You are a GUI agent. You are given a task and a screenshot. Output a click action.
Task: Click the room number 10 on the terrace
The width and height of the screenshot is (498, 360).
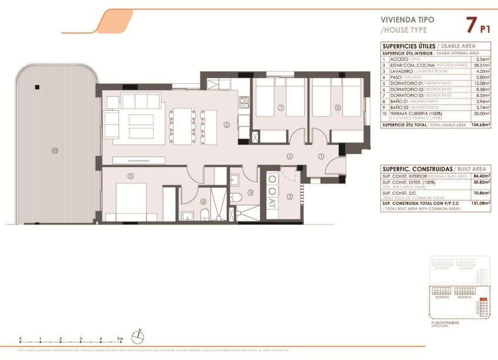pyautogui.click(x=54, y=151)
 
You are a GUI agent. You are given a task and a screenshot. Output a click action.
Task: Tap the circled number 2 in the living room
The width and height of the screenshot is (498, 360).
pyautogui.click(x=227, y=124)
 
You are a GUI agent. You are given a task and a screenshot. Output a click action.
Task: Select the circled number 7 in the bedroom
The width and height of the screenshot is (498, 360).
pyautogui.click(x=281, y=108)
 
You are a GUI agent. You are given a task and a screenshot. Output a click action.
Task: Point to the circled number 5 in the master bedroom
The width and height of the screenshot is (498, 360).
pyautogui.click(x=131, y=175)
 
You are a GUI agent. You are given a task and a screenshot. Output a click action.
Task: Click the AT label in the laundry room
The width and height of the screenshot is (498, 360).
pyautogui.click(x=272, y=203)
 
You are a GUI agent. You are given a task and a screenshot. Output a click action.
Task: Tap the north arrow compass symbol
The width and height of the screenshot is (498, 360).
pyautogui.click(x=138, y=336)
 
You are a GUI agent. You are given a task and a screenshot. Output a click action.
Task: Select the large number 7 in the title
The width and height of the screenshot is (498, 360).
pyautogui.click(x=470, y=25)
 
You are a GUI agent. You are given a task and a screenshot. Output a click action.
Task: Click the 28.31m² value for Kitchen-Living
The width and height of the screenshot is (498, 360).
pyautogui.click(x=482, y=65)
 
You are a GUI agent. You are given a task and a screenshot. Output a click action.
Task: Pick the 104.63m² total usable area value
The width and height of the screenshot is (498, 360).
pyautogui.click(x=480, y=125)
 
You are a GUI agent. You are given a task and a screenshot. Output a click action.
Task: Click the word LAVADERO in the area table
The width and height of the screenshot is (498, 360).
pyautogui.click(x=401, y=71)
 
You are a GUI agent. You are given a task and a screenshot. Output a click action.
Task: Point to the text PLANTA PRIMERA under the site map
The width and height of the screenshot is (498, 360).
pyautogui.click(x=444, y=322)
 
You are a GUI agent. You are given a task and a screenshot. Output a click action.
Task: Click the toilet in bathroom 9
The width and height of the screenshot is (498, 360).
pyautogui.click(x=234, y=197)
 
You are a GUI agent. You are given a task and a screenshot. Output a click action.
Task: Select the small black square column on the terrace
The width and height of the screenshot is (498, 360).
pyautogui.click(x=37, y=87)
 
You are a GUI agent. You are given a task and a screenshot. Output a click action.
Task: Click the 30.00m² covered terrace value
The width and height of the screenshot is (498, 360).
pyautogui.click(x=482, y=114)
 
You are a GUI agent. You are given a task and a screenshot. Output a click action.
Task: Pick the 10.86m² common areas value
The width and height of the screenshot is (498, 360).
pyautogui.click(x=482, y=193)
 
